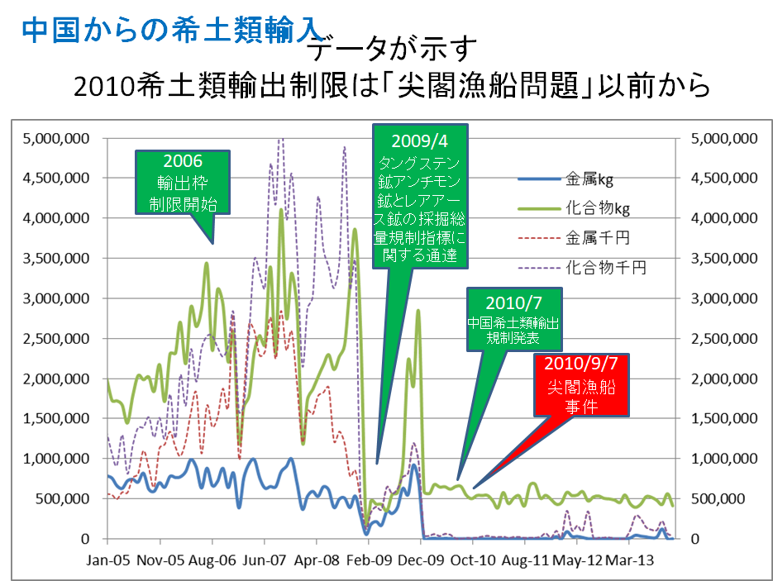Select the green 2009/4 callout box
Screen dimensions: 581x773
[420, 196]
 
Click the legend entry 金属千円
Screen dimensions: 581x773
[597, 238]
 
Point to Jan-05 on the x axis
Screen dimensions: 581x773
[109, 560]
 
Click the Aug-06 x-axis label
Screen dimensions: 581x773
[212, 560]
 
